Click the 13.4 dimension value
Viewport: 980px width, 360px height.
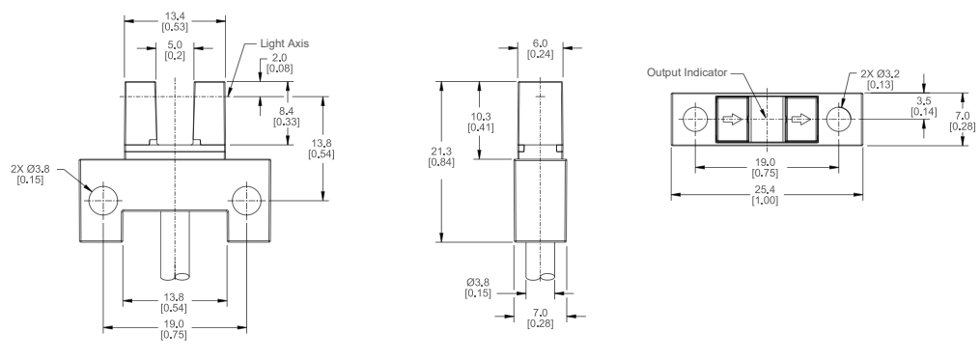click(x=175, y=17)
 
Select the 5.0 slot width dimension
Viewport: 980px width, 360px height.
click(x=175, y=45)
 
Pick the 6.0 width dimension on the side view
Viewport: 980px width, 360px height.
click(x=538, y=45)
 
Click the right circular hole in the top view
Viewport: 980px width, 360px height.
click(x=839, y=120)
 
